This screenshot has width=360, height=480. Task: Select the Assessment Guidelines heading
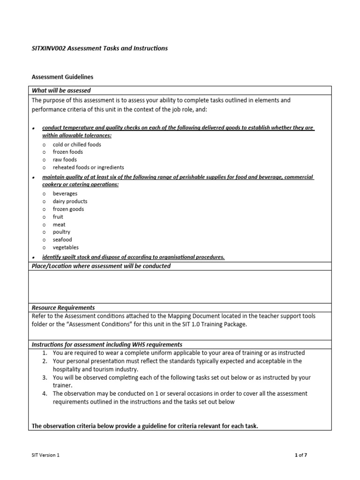62,76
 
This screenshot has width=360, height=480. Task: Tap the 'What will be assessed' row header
61,90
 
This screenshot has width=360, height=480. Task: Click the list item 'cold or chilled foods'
77,144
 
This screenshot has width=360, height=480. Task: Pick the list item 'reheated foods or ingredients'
88,167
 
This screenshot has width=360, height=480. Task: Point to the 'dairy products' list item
70,201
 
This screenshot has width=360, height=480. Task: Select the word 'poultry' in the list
61,232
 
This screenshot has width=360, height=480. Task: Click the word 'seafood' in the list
62,240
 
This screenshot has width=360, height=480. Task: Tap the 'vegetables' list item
66,247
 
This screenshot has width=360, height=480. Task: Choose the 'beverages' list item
65,194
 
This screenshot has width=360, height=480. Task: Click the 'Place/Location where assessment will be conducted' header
101,266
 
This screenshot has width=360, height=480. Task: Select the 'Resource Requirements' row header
63,307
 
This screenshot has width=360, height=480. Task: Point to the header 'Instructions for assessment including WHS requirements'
107,345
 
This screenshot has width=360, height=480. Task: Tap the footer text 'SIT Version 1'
45,455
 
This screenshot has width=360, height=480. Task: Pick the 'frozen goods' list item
68,209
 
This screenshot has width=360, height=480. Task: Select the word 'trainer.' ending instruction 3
62,385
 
